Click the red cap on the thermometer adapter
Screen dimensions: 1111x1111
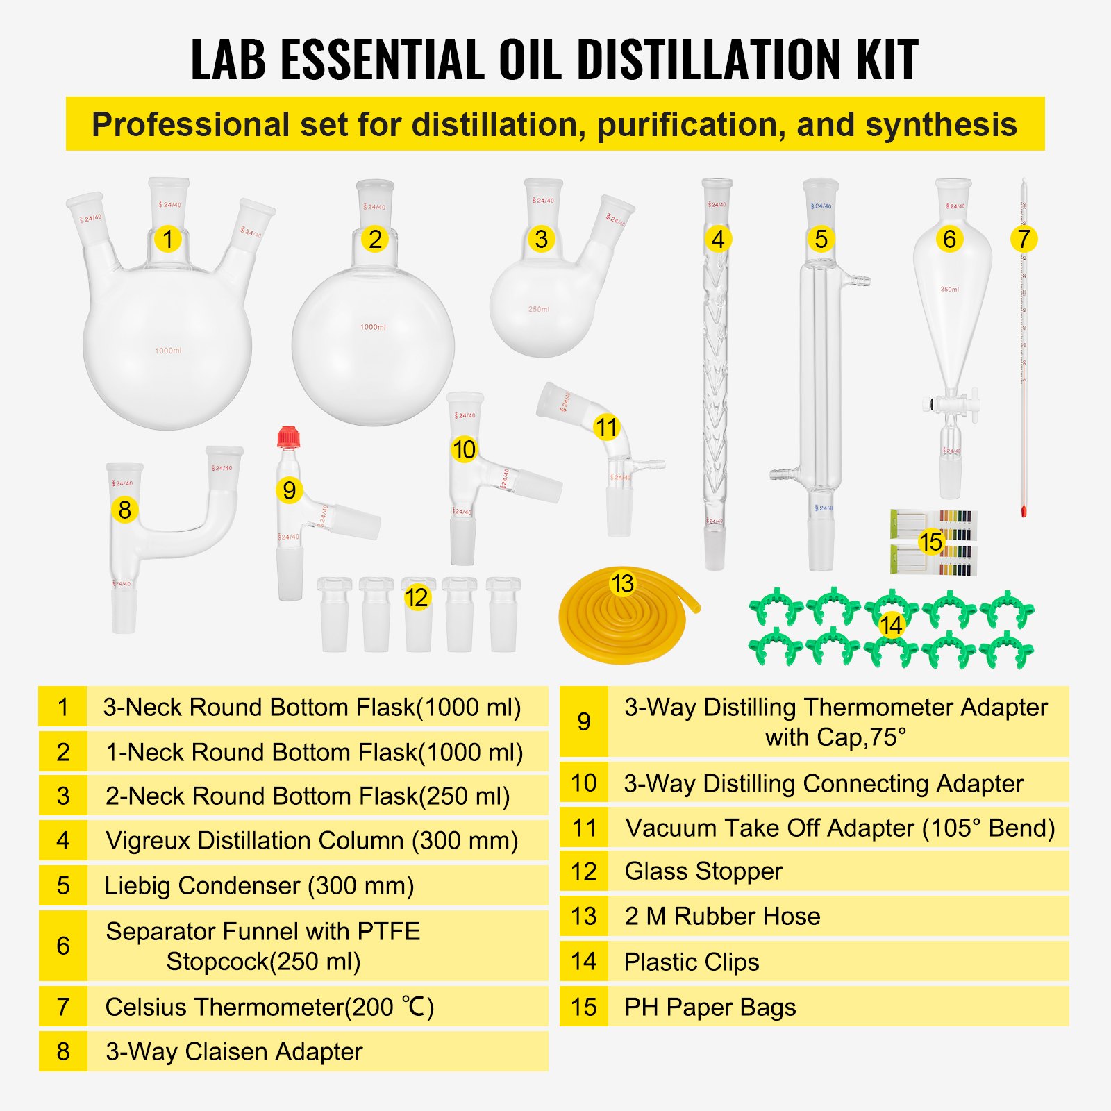point(288,437)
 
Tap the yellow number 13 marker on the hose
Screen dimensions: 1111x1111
point(622,583)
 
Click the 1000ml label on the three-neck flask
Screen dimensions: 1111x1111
point(168,351)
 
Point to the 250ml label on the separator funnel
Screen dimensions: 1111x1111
point(949,289)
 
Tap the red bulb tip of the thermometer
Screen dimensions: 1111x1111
point(1024,512)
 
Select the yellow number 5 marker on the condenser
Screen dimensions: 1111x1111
point(821,239)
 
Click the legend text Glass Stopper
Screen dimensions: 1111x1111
point(703,871)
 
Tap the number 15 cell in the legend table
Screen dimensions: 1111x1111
point(584,1007)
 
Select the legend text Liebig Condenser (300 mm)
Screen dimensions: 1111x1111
point(259,885)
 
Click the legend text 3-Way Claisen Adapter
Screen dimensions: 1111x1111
point(234,1051)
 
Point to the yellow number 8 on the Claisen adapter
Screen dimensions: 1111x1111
point(124,510)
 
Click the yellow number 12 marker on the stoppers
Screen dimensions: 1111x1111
point(416,597)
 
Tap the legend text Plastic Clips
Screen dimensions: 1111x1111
point(691,962)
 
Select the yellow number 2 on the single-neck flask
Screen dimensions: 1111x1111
point(375,239)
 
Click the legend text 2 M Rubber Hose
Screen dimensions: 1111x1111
point(722,916)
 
